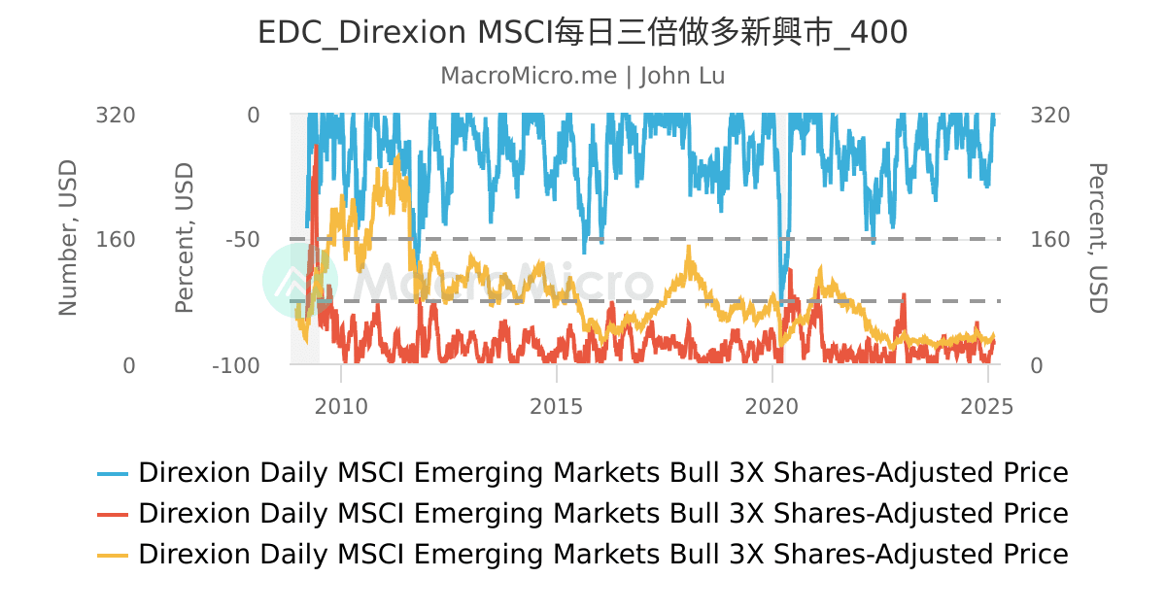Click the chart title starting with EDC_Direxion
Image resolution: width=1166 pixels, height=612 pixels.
coord(582,33)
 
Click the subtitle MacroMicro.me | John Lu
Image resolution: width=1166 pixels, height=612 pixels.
coord(582,76)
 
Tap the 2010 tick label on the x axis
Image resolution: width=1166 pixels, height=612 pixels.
coord(341,406)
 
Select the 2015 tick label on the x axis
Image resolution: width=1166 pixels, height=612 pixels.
coord(557,406)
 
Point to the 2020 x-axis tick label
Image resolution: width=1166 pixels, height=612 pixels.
coord(772,406)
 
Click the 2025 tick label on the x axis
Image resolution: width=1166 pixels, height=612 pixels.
coord(987,406)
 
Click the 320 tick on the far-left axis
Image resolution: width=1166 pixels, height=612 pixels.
coord(115,115)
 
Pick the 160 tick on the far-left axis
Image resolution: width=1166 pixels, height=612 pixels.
coord(115,240)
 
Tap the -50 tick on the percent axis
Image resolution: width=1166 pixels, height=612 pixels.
coord(242,240)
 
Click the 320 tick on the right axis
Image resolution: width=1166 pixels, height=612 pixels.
coord(1049,115)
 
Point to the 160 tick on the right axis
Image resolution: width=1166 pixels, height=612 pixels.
coord(1049,240)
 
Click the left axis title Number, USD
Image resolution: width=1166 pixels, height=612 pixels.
coord(68,239)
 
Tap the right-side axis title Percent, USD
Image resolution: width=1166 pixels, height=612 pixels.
coord(1096,239)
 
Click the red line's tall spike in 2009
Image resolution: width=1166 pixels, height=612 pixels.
coord(316,151)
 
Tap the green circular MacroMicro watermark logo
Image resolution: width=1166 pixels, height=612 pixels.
coord(299,281)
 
